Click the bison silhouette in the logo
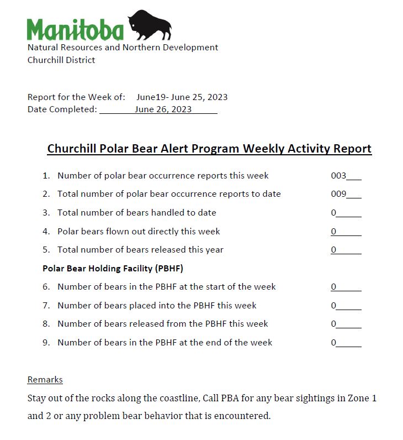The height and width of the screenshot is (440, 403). coord(150,25)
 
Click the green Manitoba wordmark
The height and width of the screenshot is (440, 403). coord(75,30)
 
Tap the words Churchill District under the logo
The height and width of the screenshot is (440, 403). coord(61,60)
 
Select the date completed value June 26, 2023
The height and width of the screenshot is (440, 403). coord(163,109)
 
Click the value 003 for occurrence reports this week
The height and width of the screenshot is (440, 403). coord(338,176)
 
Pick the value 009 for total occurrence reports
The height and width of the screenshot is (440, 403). coord(338,194)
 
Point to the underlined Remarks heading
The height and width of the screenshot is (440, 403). coord(45,380)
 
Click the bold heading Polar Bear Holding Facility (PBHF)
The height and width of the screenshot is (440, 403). coord(113,269)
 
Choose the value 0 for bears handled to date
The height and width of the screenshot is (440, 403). coord(333,213)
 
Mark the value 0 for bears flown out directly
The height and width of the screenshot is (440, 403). coord(333,232)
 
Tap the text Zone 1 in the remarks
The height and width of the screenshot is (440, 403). coord(364,398)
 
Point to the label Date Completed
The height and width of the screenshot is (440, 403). coord(62,109)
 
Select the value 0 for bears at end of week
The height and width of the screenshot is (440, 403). coord(333,343)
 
